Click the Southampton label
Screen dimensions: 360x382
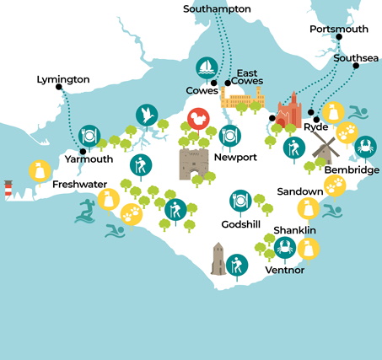[217, 8]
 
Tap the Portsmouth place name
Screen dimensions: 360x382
[338, 29]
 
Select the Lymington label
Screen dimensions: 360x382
[62, 79]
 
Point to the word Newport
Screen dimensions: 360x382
[235, 158]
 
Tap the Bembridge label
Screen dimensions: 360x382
[352, 169]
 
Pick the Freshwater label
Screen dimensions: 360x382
[78, 184]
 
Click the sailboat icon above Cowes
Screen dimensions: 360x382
[206, 67]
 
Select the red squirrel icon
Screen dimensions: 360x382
[196, 120]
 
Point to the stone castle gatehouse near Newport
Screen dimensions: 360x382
[193, 163]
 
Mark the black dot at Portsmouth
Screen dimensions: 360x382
[339, 38]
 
